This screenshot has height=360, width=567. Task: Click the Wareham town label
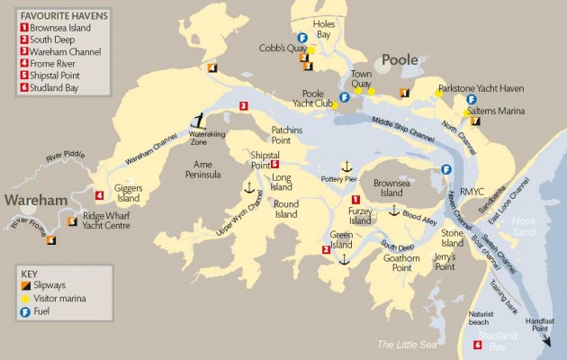pyautogui.click(x=36, y=198)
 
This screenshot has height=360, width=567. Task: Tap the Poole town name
pyautogui.click(x=401, y=59)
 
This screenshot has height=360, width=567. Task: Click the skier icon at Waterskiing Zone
pyautogui.click(x=199, y=120)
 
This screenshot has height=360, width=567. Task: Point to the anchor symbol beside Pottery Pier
pyautogui.click(x=343, y=167)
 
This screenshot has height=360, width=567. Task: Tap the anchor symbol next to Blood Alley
pyautogui.click(x=392, y=210)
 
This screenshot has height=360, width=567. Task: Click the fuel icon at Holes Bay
pyautogui.click(x=302, y=38)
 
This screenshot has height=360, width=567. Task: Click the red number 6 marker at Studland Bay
pyautogui.click(x=477, y=345)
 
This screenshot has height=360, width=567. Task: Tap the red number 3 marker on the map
pyautogui.click(x=243, y=106)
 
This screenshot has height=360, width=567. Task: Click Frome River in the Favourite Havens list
pyautogui.click(x=52, y=64)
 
